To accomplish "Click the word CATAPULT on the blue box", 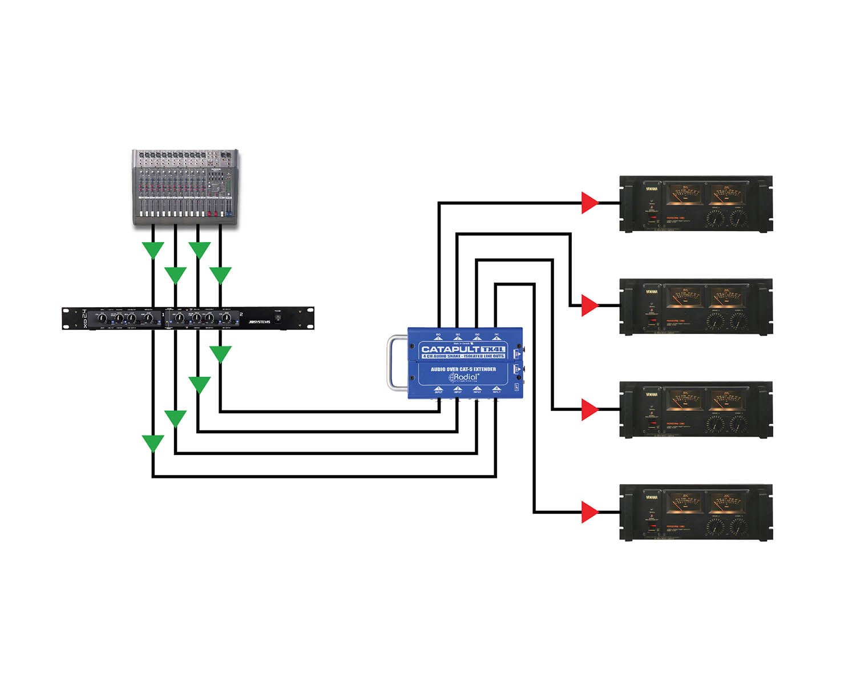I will click(x=450, y=349).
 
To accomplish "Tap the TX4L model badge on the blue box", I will click(x=493, y=349).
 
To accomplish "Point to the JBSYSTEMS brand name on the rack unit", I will click(x=259, y=322).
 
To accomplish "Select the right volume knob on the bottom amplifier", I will click(x=738, y=526).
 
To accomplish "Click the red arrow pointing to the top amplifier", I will click(x=589, y=203).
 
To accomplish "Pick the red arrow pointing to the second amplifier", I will click(x=589, y=305).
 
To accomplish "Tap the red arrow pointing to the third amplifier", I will click(x=589, y=409).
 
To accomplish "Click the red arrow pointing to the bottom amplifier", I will click(x=589, y=512).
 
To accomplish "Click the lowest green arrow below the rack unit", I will click(x=153, y=442).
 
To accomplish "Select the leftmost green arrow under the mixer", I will click(x=153, y=249).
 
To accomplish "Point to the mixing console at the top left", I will click(x=185, y=188).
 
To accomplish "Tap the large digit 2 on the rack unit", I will click(x=241, y=315).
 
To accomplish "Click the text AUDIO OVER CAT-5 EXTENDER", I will click(x=463, y=369).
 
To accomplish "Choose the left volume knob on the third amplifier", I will click(x=714, y=424).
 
